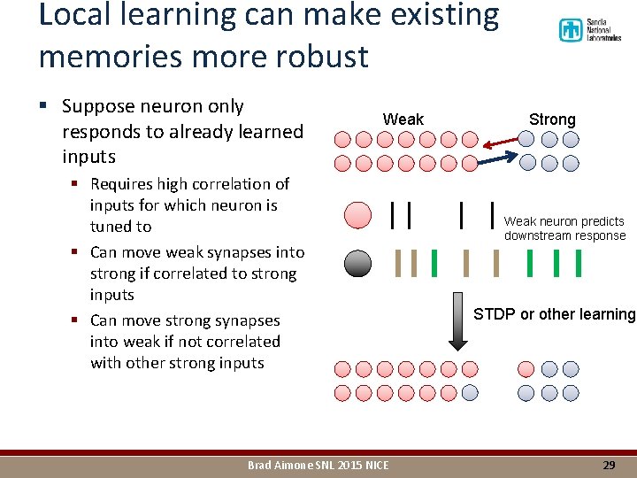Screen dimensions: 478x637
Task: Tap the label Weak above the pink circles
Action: pyautogui.click(x=403, y=119)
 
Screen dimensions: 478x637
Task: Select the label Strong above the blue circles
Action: pyautogui.click(x=552, y=119)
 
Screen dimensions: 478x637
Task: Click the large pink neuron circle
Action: pyautogui.click(x=357, y=216)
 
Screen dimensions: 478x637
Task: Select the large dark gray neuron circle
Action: pyautogui.click(x=357, y=263)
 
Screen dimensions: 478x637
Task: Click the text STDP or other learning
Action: pyautogui.click(x=555, y=314)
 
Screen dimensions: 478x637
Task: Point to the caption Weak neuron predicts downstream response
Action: pyautogui.click(x=564, y=228)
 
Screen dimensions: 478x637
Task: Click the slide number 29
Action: pyautogui.click(x=609, y=465)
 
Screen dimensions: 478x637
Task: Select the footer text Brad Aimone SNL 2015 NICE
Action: pyautogui.click(x=318, y=465)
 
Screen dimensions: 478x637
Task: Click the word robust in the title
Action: pyautogui.click(x=324, y=57)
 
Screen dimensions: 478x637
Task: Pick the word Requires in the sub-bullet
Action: pyautogui.click(x=121, y=184)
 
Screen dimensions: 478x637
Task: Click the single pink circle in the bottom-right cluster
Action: pyautogui.click(x=526, y=369)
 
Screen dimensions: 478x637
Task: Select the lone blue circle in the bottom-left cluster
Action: pyautogui.click(x=470, y=393)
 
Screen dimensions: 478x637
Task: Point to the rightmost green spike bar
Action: pyautogui.click(x=579, y=263)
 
